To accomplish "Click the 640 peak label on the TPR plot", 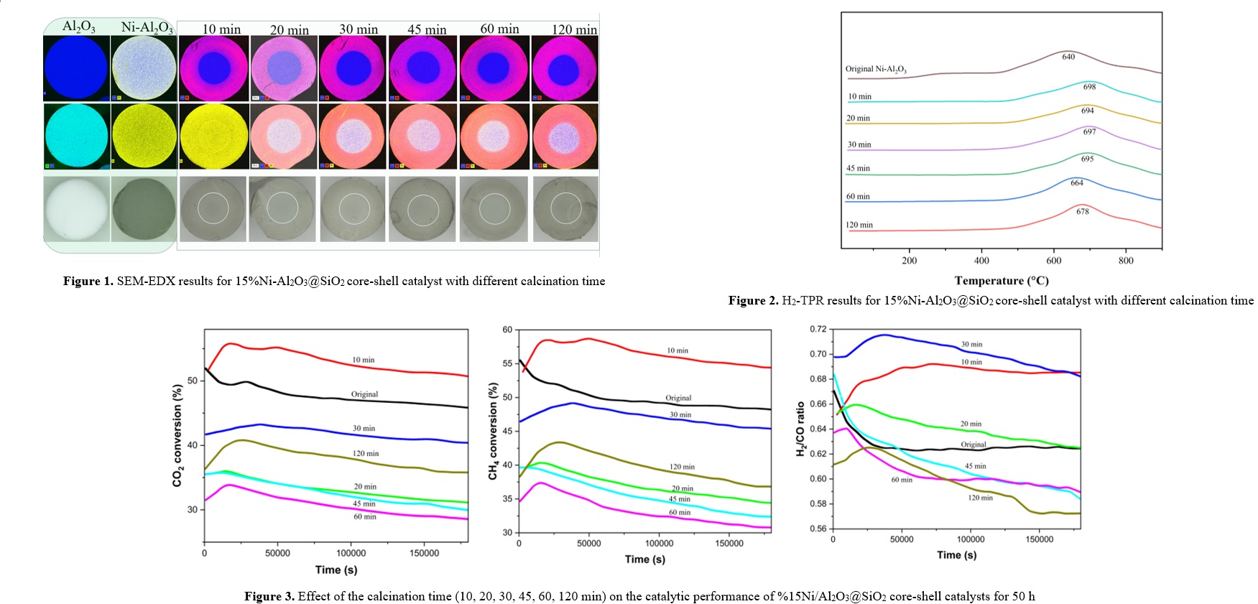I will click(x=1068, y=57).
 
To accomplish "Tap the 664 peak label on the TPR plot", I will click(x=1077, y=183).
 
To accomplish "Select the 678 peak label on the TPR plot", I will click(x=1083, y=212).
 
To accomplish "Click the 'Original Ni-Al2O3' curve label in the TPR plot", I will click(x=876, y=69).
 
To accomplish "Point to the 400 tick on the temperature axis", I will click(x=981, y=261).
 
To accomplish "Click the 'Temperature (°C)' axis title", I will click(x=1002, y=281).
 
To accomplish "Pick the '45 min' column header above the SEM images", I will click(x=427, y=29).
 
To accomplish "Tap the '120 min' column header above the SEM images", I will click(x=574, y=29).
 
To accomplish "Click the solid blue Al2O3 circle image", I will click(x=75, y=68).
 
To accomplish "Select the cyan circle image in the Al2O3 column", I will click(x=75, y=136).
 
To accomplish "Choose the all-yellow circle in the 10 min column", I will click(x=213, y=136).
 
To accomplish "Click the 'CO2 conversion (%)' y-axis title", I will click(x=177, y=435).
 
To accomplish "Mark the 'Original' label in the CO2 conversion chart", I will click(x=364, y=394).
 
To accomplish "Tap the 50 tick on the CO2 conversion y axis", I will click(x=193, y=381).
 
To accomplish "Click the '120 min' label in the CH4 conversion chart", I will click(x=682, y=467).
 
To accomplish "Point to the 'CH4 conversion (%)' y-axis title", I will click(x=493, y=431).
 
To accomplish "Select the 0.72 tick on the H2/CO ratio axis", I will click(x=818, y=329).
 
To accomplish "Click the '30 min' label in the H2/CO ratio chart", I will click(x=971, y=345).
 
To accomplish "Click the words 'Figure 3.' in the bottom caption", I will click(x=269, y=596).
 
